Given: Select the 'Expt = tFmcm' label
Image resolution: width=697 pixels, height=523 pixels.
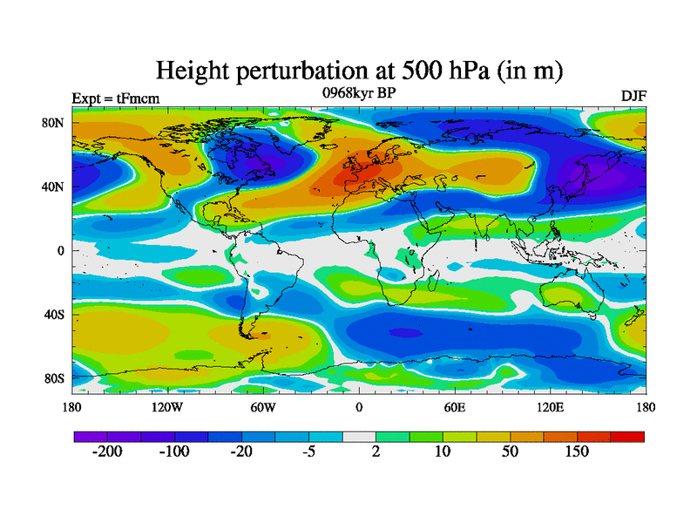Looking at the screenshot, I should [x=115, y=98].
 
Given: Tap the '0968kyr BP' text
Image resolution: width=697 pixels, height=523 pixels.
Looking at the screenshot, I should [x=358, y=92].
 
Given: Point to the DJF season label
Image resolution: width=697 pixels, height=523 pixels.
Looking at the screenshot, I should [x=633, y=95].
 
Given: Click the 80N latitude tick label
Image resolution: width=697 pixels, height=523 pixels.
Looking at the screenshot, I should [x=54, y=123].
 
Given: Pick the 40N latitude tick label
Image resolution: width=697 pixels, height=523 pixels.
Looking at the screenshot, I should [x=54, y=187].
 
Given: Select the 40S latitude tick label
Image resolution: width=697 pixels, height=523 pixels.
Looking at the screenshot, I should [x=54, y=315].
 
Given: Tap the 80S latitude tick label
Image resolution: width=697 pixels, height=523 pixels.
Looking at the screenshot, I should [x=54, y=379].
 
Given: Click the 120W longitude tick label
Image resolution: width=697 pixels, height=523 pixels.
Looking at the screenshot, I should [x=166, y=407].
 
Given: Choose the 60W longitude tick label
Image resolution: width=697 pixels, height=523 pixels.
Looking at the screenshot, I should [x=263, y=407].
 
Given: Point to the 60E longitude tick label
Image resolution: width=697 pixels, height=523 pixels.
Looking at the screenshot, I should [x=455, y=407].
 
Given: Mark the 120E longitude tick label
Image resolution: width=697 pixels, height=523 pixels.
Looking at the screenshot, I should [x=551, y=407].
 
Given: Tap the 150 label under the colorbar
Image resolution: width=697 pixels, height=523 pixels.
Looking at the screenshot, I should [x=577, y=452].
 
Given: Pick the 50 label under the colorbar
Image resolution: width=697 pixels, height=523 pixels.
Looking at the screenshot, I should [x=511, y=452].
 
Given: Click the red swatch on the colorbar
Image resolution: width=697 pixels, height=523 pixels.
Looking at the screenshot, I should [x=627, y=436].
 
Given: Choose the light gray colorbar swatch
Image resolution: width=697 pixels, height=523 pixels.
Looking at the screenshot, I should [x=359, y=436].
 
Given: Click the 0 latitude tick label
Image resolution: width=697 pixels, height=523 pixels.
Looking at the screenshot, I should [x=62, y=251].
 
